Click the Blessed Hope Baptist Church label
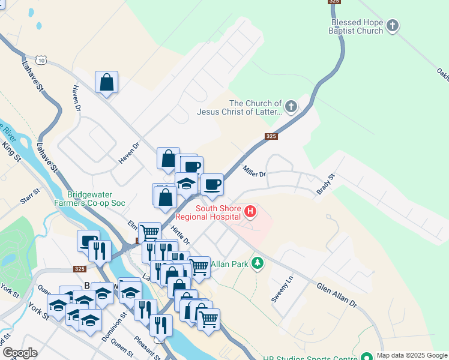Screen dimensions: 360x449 [357, 26]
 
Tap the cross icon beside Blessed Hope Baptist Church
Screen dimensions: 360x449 [393, 26]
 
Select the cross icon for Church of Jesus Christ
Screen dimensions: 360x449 [291, 107]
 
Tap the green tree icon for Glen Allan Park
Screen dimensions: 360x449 [258, 263]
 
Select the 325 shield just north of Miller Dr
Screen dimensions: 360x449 [271, 137]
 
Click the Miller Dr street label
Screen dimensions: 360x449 [254, 172]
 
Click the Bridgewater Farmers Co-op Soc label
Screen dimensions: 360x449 [96, 199]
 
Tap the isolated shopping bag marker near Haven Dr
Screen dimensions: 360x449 [106, 83]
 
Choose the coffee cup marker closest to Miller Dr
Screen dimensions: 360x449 [211, 184]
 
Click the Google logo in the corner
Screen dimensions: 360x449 [19, 353]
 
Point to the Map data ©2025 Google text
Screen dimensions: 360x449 [411, 355]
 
